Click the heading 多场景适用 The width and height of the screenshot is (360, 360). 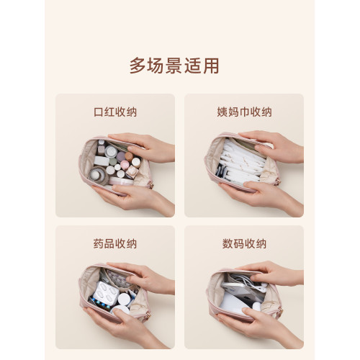click(174, 66)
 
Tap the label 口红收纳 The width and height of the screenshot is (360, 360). click(115, 112)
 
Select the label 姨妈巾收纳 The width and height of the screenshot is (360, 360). click(244, 112)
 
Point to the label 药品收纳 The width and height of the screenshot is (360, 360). click(115, 244)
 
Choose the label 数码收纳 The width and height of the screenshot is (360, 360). click(244, 244)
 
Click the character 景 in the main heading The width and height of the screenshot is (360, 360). click(174, 66)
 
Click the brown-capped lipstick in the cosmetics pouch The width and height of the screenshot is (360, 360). click(129, 156)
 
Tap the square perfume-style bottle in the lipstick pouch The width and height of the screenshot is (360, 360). click(132, 171)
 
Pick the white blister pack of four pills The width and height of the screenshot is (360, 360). click(106, 292)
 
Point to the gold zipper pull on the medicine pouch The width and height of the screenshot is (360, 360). click(149, 315)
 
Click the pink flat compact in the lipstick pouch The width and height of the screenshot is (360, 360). click(121, 181)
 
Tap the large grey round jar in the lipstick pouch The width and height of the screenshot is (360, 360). click(99, 176)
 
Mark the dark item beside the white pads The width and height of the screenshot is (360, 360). click(221, 171)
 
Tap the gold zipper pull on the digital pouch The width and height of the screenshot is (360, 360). click(280, 312)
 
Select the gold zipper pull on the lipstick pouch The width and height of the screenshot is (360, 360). click(150, 184)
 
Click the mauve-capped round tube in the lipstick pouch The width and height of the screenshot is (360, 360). click(121, 156)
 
